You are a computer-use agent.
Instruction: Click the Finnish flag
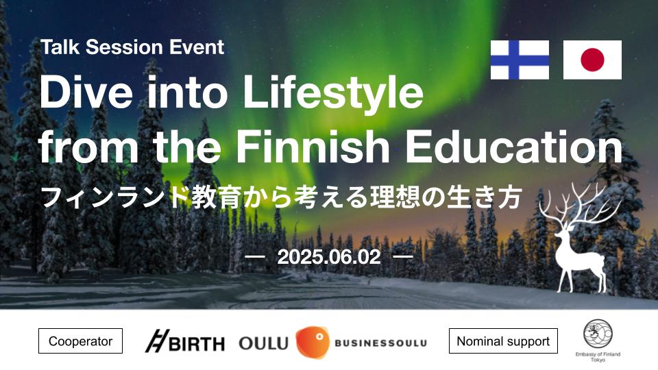coord(520,60)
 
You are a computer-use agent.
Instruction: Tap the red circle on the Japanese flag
coord(592,60)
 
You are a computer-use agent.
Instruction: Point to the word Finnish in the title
coord(313,147)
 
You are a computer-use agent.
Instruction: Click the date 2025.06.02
coord(329,256)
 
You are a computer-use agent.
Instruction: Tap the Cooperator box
coord(81,341)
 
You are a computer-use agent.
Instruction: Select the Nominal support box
coord(503,341)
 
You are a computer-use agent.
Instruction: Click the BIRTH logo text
coord(197,344)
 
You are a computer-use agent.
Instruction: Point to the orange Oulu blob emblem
coord(313,342)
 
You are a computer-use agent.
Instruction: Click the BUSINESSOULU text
coord(380,343)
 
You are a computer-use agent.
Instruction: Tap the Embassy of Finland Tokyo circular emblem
coord(598,334)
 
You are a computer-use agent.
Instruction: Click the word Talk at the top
coord(60,47)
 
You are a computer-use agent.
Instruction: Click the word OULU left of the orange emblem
coord(263,343)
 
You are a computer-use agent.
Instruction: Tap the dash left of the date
coord(255,256)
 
